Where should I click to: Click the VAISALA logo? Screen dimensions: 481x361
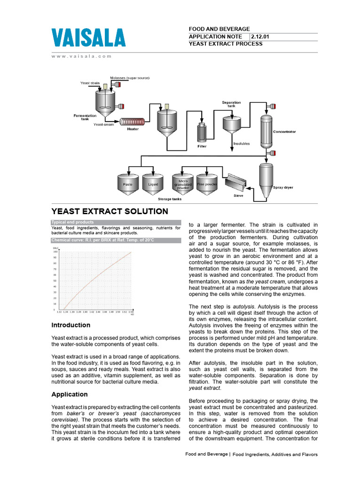[x=88, y=37]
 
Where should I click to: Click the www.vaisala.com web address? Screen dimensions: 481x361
[x=81, y=56]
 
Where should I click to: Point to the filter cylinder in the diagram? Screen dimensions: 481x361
[x=202, y=133]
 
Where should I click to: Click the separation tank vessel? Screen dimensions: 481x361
[x=232, y=124]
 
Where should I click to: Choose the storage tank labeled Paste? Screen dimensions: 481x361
[x=127, y=185]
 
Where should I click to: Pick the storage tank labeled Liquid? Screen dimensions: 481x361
[x=153, y=185]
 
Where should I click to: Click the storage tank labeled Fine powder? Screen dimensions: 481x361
[x=207, y=185]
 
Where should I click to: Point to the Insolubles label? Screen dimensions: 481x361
[x=242, y=144]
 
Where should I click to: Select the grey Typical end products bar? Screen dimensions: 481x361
[x=116, y=222]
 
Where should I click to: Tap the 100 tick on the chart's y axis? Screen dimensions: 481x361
[x=55, y=252]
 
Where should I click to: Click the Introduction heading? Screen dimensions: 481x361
[x=71, y=325]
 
